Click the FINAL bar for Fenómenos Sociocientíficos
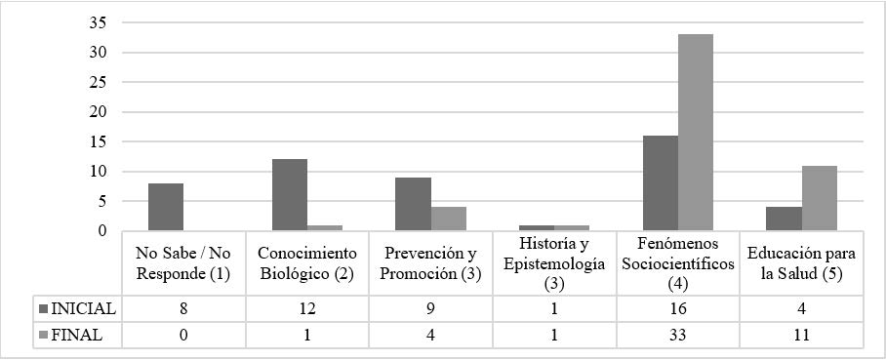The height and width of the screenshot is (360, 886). (696, 133)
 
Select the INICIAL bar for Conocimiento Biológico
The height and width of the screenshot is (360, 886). (290, 195)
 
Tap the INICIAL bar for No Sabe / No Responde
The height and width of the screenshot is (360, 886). (166, 207)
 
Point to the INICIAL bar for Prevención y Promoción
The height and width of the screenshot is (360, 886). (413, 204)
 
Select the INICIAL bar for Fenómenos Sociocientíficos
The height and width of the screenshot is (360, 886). (661, 183)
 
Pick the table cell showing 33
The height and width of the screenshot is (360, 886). (678, 335)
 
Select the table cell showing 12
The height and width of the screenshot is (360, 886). (307, 308)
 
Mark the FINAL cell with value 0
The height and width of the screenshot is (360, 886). (183, 335)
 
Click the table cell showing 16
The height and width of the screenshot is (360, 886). (678, 308)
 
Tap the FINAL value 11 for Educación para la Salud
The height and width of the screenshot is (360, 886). (801, 335)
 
